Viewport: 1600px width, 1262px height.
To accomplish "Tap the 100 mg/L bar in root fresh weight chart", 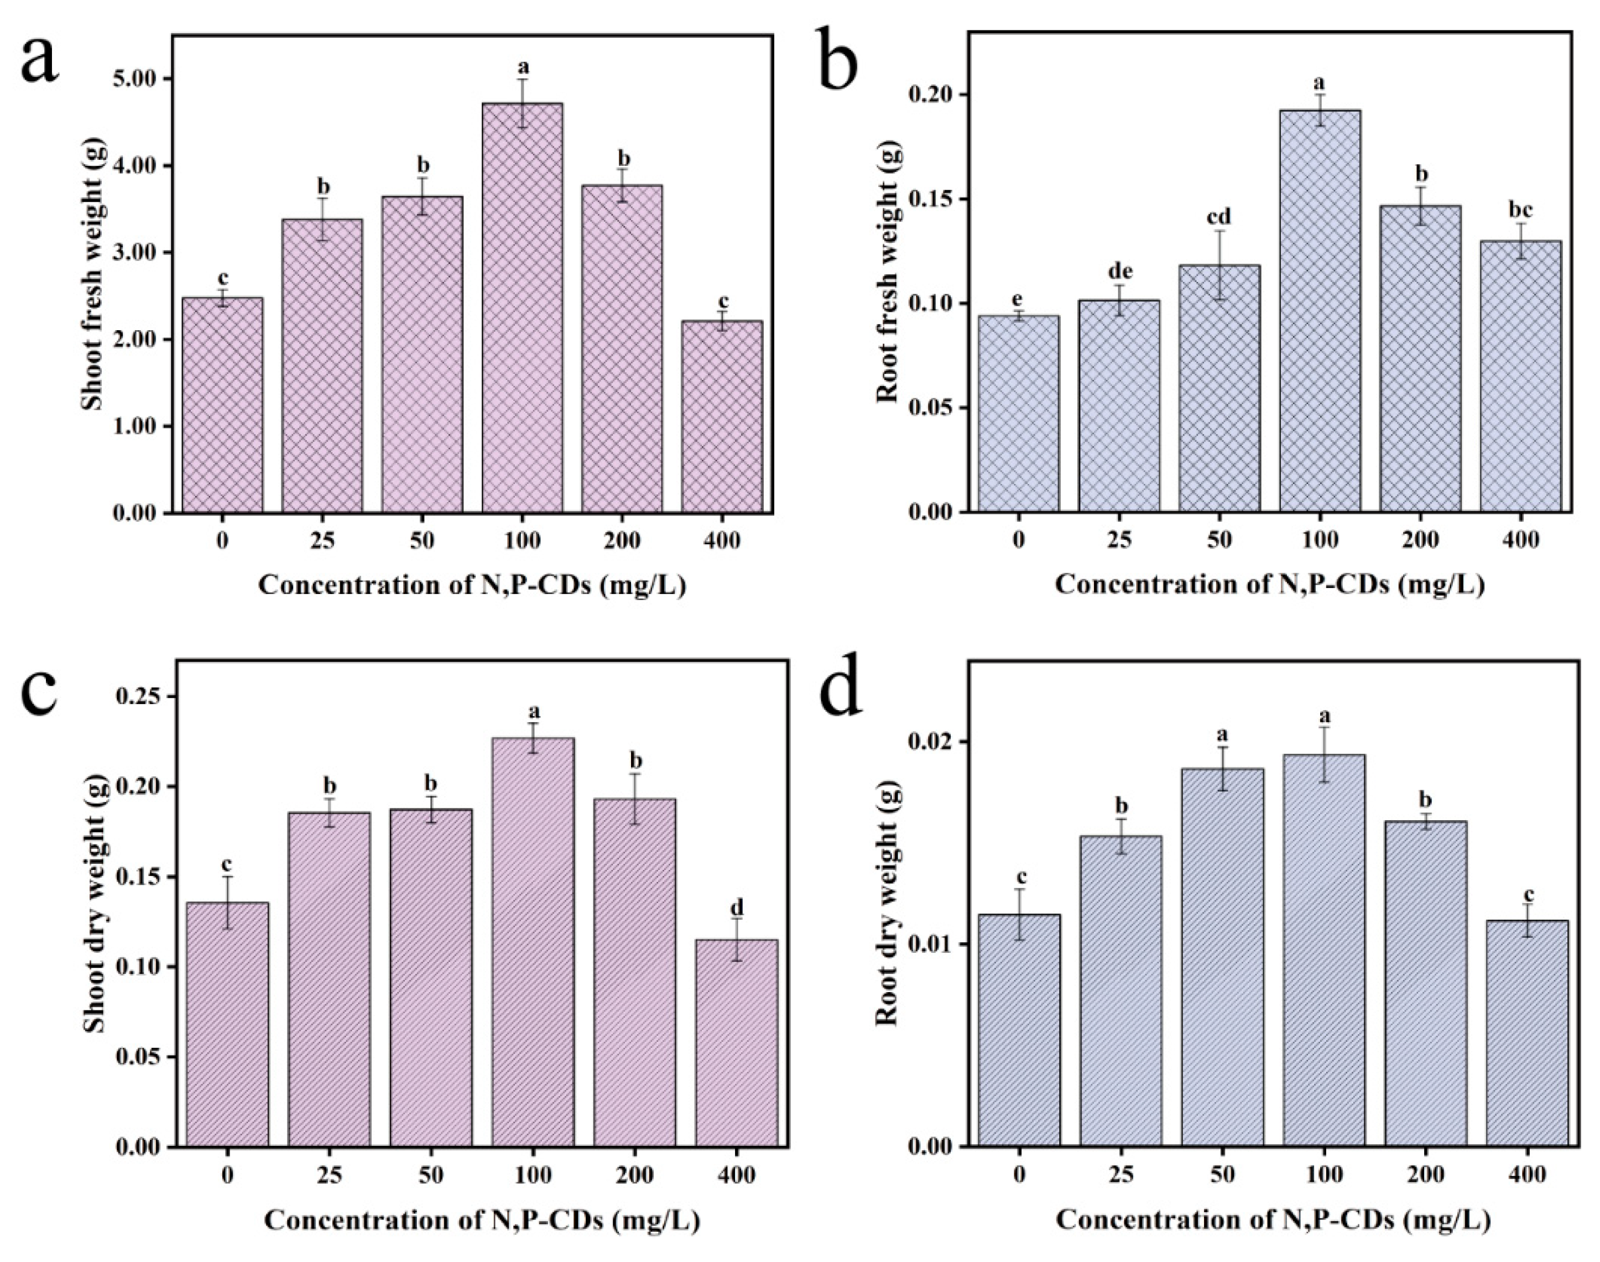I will point(1320,310).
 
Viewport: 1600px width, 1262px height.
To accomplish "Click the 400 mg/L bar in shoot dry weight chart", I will point(736,1042).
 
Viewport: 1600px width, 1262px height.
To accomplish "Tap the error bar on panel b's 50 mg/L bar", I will point(1219,264).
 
